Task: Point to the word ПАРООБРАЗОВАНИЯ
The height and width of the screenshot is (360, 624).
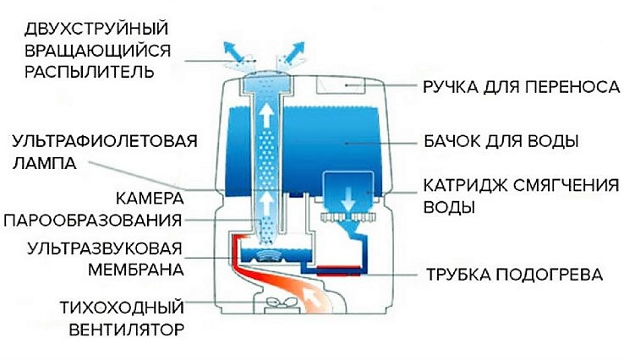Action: [94, 221]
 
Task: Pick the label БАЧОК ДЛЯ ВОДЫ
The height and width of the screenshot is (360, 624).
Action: [495, 139]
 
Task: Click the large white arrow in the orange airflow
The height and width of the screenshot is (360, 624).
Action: [315, 298]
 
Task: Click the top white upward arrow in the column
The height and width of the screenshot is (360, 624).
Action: [267, 117]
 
